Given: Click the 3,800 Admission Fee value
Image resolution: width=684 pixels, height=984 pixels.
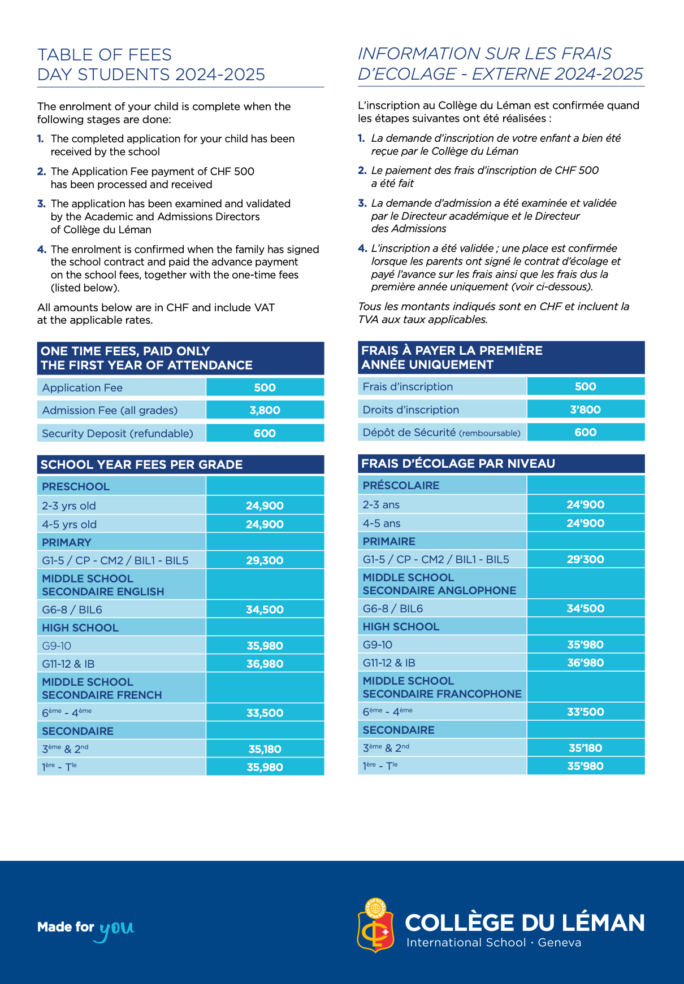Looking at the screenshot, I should [265, 410].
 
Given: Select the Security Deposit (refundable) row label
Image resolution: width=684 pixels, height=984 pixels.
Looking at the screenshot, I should [118, 433].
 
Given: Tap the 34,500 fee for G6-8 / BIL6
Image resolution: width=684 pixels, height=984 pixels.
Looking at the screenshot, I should [265, 609].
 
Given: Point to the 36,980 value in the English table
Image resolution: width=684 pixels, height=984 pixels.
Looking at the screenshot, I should [265, 664].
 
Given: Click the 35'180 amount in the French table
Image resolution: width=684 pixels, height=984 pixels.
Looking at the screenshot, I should [585, 748].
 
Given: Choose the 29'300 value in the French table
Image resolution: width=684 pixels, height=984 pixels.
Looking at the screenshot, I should [585, 559].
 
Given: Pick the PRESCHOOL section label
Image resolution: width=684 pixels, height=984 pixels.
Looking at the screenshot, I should [76, 486].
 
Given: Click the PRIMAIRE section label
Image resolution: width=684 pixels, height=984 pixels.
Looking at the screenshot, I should [389, 541].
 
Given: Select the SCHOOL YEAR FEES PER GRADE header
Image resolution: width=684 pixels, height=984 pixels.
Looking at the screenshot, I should [141, 464].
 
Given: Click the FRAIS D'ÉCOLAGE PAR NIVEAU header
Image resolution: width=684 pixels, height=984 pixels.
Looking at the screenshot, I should [458, 463].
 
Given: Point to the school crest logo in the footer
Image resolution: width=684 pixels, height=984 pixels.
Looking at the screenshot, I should [375, 925].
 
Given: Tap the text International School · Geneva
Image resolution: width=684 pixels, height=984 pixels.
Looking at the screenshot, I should [493, 942].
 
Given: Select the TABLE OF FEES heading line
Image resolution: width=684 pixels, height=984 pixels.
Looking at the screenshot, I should [105, 55].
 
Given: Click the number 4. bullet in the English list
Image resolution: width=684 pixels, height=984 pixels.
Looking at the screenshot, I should [42, 249].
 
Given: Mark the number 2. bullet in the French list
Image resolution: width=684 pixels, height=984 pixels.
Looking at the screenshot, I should [362, 170].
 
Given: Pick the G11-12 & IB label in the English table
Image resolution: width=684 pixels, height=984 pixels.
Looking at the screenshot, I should [68, 664].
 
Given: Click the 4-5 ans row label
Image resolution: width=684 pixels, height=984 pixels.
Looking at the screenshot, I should [382, 523].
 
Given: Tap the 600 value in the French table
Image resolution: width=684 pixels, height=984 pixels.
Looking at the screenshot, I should [585, 432].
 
